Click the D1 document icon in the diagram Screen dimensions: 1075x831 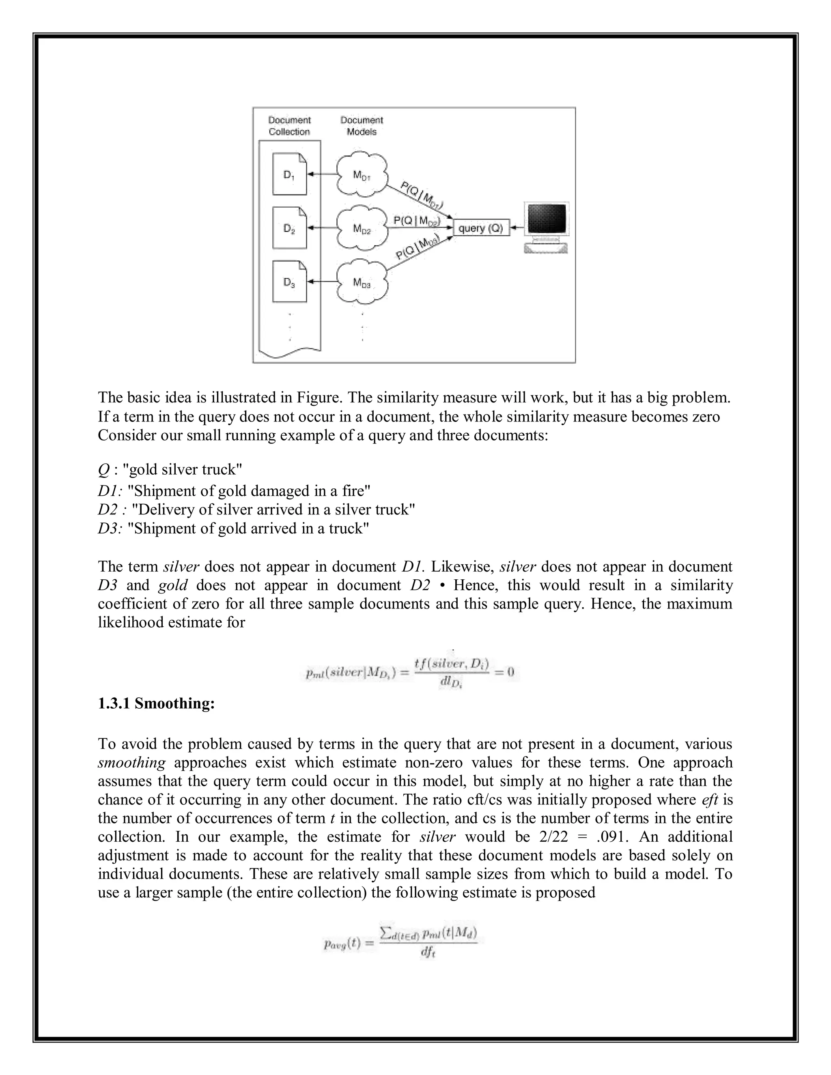[x=289, y=174]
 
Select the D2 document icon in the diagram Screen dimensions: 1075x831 [x=289, y=228]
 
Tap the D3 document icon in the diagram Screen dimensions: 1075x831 [x=289, y=282]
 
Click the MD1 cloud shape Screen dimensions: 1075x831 [x=362, y=174]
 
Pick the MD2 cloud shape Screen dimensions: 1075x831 [x=362, y=228]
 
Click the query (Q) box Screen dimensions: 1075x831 [x=481, y=228]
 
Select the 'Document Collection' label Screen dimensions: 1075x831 [x=289, y=126]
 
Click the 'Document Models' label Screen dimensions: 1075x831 [x=362, y=126]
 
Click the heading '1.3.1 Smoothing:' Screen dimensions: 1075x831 [x=156, y=703]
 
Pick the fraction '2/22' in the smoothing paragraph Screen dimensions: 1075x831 [x=552, y=837]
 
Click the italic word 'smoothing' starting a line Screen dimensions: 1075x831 [x=131, y=763]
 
